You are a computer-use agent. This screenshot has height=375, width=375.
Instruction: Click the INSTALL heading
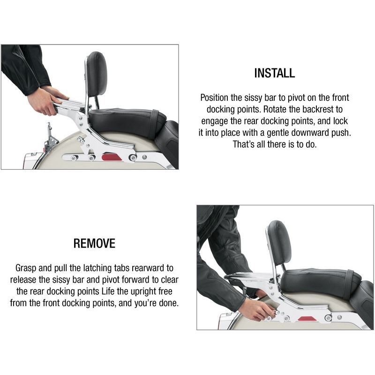275,73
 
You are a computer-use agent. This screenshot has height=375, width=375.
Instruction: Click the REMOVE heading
94,243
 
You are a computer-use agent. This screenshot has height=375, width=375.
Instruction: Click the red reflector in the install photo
112,157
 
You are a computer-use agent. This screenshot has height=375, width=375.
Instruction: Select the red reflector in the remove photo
307,319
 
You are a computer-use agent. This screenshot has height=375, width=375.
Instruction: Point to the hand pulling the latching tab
256,310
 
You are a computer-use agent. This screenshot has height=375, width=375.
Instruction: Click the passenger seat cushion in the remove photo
321,282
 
